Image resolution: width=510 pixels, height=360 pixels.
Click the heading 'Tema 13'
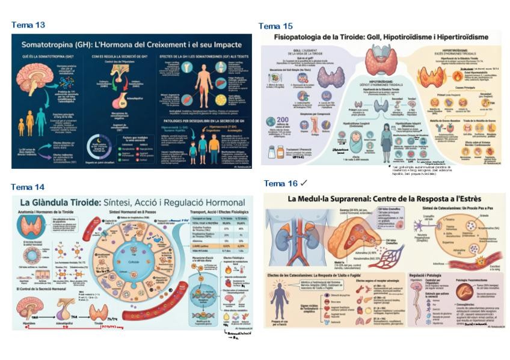click(x=28, y=25)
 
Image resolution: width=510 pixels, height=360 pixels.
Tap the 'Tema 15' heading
click(x=275, y=26)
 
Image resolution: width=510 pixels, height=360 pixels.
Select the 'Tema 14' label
click(x=28, y=187)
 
